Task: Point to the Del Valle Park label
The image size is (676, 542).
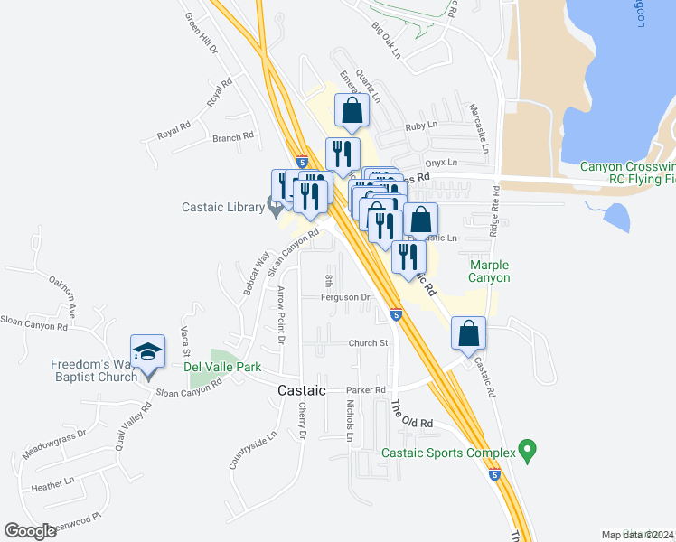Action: click(x=222, y=368)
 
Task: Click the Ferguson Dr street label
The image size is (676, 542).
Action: click(x=347, y=297)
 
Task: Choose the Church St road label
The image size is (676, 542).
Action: click(x=368, y=343)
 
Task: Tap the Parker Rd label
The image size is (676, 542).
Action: click(x=366, y=390)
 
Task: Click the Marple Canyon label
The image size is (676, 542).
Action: click(x=490, y=271)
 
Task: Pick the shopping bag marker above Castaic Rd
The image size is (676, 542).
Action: click(x=469, y=332)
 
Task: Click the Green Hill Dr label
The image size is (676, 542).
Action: click(x=202, y=33)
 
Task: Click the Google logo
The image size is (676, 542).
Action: click(x=30, y=531)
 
